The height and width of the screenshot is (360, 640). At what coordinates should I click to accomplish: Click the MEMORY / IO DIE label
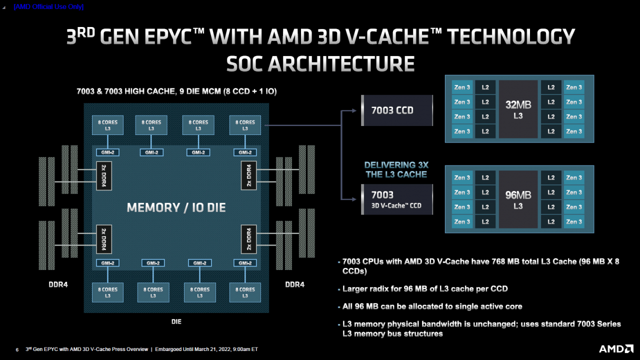(x=176, y=207)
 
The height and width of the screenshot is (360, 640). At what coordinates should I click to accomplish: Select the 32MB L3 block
(x=517, y=109)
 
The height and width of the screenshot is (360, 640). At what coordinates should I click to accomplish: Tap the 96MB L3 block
(x=517, y=199)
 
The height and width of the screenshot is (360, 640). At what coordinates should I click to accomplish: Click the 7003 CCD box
(x=396, y=110)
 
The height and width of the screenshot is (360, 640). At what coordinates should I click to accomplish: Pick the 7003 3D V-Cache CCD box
(x=396, y=199)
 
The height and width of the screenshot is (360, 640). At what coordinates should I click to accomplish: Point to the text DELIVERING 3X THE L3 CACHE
(x=396, y=169)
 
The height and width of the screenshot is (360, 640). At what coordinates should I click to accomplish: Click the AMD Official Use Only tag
(x=48, y=6)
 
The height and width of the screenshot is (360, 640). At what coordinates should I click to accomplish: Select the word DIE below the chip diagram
(x=176, y=321)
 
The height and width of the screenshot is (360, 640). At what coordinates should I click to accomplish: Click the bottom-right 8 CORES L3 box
(x=245, y=292)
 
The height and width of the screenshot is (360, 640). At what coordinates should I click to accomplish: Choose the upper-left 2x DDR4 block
(x=104, y=175)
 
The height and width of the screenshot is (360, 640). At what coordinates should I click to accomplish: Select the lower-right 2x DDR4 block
(x=248, y=239)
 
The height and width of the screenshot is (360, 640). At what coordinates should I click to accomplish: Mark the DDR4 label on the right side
(x=294, y=284)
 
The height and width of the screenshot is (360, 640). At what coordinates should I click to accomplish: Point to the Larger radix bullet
(x=425, y=288)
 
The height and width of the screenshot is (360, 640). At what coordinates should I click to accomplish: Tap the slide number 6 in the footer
(x=17, y=349)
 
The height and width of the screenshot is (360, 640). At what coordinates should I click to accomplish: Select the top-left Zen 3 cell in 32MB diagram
(x=461, y=87)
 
